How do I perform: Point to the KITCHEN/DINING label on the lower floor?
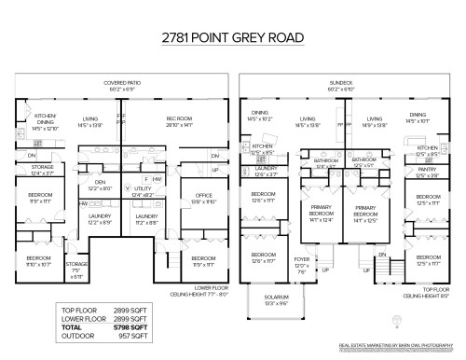click(46, 123)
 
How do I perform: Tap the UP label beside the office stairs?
click(215, 171)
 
